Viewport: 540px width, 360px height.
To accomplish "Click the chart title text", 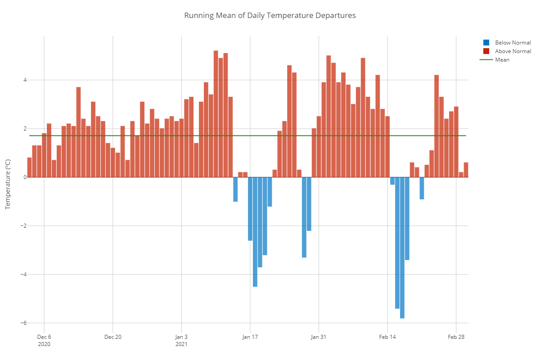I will point(270,15).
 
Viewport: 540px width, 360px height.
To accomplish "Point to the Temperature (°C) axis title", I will point(7,184).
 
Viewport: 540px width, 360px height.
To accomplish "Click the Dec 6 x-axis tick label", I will point(44,337).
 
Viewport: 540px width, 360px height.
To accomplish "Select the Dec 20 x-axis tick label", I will point(112,337).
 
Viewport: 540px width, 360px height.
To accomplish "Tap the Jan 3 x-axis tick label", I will point(181,337).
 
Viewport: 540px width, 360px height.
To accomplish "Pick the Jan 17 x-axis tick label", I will point(250,337).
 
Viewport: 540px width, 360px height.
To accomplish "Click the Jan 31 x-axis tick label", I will point(319,337).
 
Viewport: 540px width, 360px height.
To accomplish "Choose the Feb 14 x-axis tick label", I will point(387,337).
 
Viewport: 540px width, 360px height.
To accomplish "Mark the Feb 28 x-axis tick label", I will point(456,337).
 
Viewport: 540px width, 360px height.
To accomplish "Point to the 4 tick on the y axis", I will point(25,80).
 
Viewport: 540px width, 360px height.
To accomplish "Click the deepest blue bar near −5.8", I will point(402,247).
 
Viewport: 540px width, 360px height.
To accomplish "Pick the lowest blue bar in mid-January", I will point(255,232).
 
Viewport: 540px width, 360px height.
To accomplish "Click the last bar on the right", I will point(466,170).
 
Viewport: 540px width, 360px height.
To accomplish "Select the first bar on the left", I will point(29,167).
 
